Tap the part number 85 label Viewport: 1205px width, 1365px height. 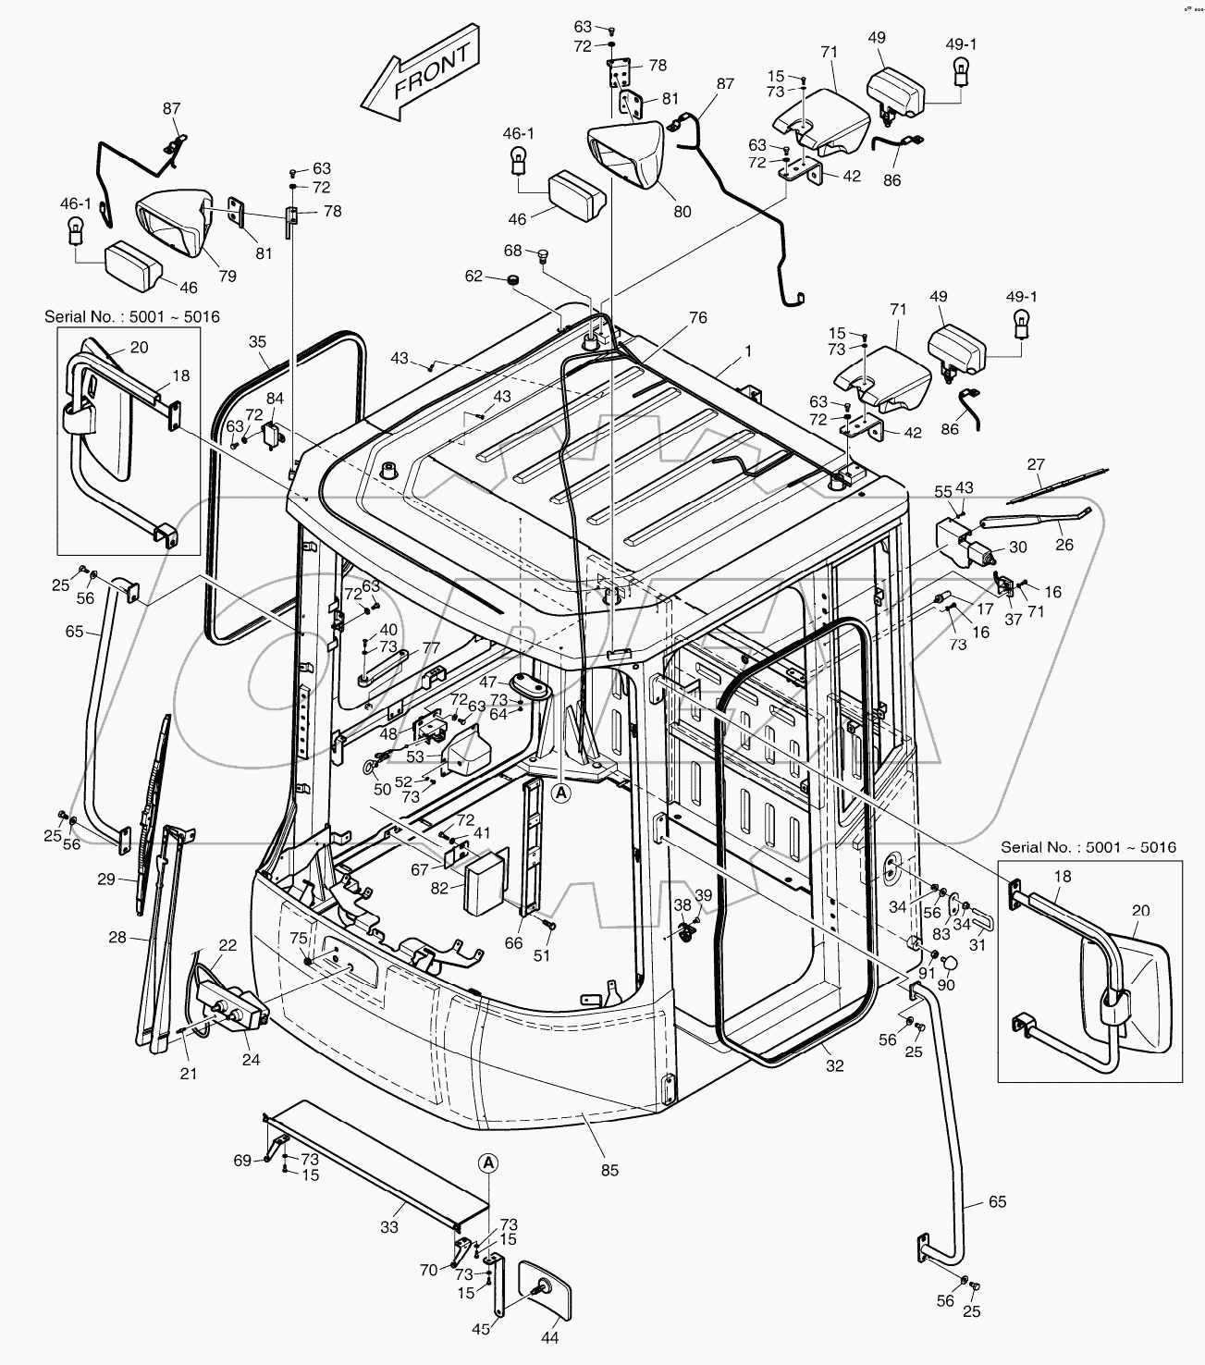tap(609, 1170)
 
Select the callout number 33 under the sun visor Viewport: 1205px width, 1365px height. tap(388, 1227)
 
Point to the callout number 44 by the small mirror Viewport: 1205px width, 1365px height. tap(549, 1337)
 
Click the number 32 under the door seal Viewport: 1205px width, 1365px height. tap(834, 1065)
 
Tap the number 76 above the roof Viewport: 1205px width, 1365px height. tap(698, 317)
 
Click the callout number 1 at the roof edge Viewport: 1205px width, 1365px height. tap(749, 351)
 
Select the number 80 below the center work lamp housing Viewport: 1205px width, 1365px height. tap(682, 212)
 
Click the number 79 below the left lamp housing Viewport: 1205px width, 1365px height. tap(227, 276)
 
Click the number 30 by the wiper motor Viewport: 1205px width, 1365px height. tap(1017, 547)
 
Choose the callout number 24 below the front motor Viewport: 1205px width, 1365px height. tap(251, 1060)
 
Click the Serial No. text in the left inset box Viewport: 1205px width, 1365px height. tap(131, 316)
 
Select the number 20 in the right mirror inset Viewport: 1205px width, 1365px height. tap(1140, 910)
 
